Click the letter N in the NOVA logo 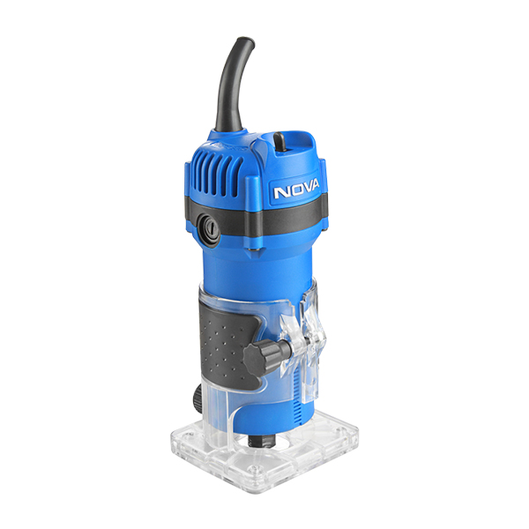pyautogui.click(x=280, y=192)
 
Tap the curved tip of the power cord pyautogui.click(x=249, y=41)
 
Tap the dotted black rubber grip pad pyautogui.click(x=227, y=346)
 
